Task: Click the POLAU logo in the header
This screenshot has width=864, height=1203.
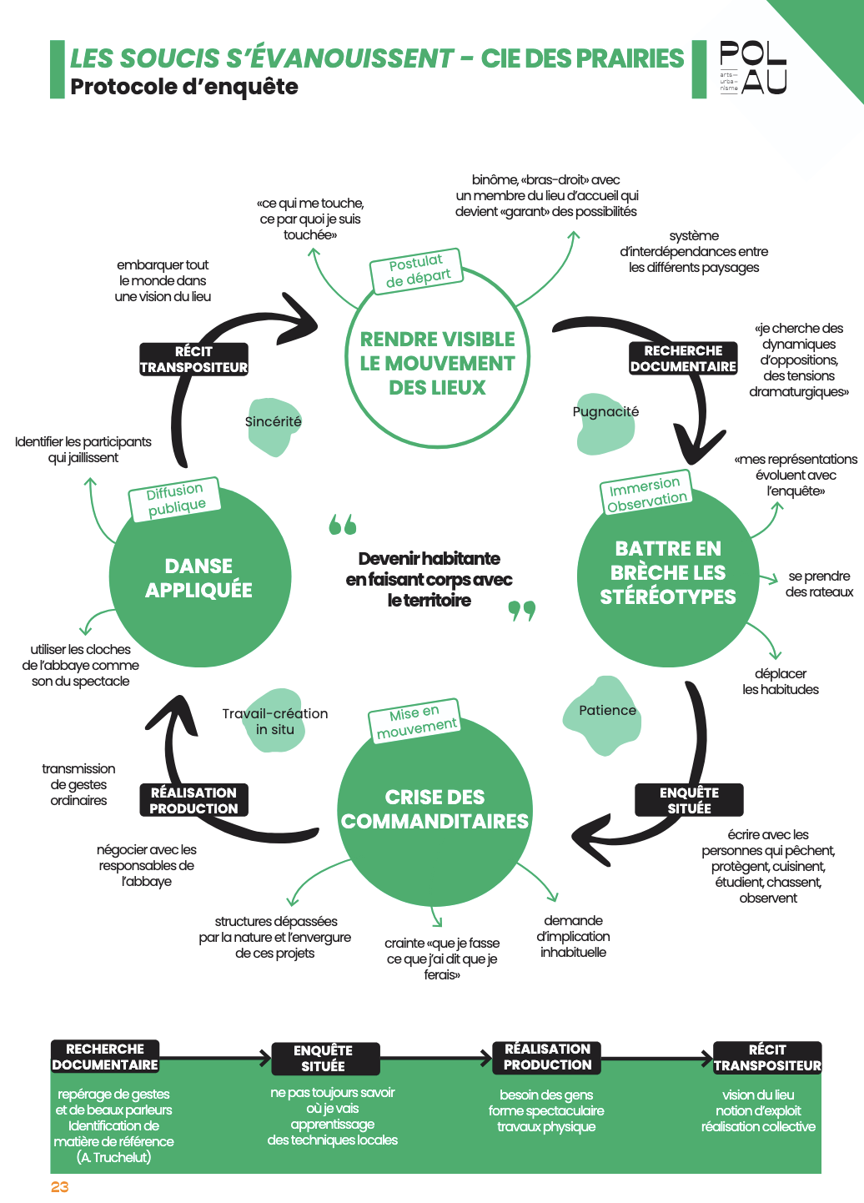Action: pyautogui.click(x=753, y=68)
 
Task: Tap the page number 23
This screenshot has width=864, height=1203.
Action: pyautogui.click(x=59, y=1187)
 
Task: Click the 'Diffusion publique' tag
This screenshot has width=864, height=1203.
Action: pyautogui.click(x=175, y=499)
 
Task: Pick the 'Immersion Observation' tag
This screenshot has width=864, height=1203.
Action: pyautogui.click(x=646, y=492)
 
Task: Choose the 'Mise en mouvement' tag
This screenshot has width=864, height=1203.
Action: pyautogui.click(x=414, y=722)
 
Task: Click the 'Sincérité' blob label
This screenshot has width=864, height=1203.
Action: pyautogui.click(x=273, y=422)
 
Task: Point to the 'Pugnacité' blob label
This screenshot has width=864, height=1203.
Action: pyautogui.click(x=605, y=412)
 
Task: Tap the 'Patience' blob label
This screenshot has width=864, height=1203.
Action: pyautogui.click(x=607, y=711)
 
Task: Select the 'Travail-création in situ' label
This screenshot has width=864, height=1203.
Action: pyautogui.click(x=275, y=722)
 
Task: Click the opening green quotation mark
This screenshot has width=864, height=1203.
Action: pyautogui.click(x=343, y=524)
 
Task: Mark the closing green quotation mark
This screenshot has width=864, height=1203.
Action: pyautogui.click(x=522, y=612)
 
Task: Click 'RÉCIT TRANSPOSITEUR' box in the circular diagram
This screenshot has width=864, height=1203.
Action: pyautogui.click(x=193, y=360)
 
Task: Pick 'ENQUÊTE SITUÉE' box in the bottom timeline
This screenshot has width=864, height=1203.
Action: pyautogui.click(x=325, y=1059)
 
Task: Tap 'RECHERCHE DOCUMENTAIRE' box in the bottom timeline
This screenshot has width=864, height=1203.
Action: pyautogui.click(x=105, y=1057)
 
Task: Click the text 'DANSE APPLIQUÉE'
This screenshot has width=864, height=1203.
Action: pyautogui.click(x=198, y=578)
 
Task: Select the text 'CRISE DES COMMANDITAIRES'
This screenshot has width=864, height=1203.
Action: pyautogui.click(x=435, y=808)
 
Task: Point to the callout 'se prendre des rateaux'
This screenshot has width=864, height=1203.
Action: pyautogui.click(x=819, y=584)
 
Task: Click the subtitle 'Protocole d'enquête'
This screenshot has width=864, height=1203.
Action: pyautogui.click(x=184, y=87)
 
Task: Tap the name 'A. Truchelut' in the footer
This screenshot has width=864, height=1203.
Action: pyautogui.click(x=114, y=1157)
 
